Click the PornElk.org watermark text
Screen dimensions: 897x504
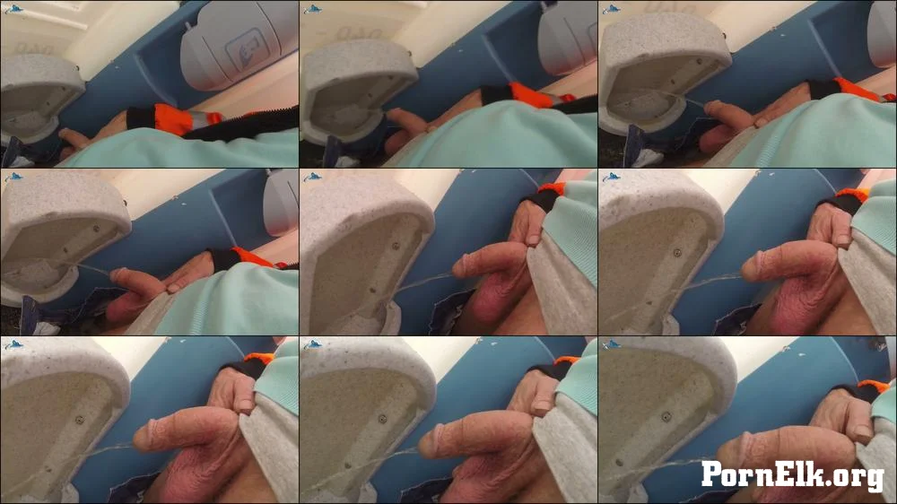(x=794, y=474)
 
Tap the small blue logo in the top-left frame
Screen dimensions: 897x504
(x=13, y=9)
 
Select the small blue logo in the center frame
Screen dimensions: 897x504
(x=312, y=177)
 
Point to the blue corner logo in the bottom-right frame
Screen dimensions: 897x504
(x=612, y=344)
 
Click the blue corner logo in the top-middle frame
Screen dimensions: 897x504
(x=312, y=9)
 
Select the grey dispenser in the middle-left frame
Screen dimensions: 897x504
(x=282, y=203)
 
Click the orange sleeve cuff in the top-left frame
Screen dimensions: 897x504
(x=180, y=119)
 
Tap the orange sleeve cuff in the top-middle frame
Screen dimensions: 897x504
(x=533, y=94)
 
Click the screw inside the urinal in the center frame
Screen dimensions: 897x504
(x=396, y=247)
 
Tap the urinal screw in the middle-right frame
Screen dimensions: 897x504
(x=677, y=252)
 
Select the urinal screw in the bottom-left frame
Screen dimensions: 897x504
(x=80, y=421)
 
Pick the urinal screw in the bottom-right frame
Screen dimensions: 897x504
(x=666, y=416)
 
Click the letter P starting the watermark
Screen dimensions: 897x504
(x=711, y=474)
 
